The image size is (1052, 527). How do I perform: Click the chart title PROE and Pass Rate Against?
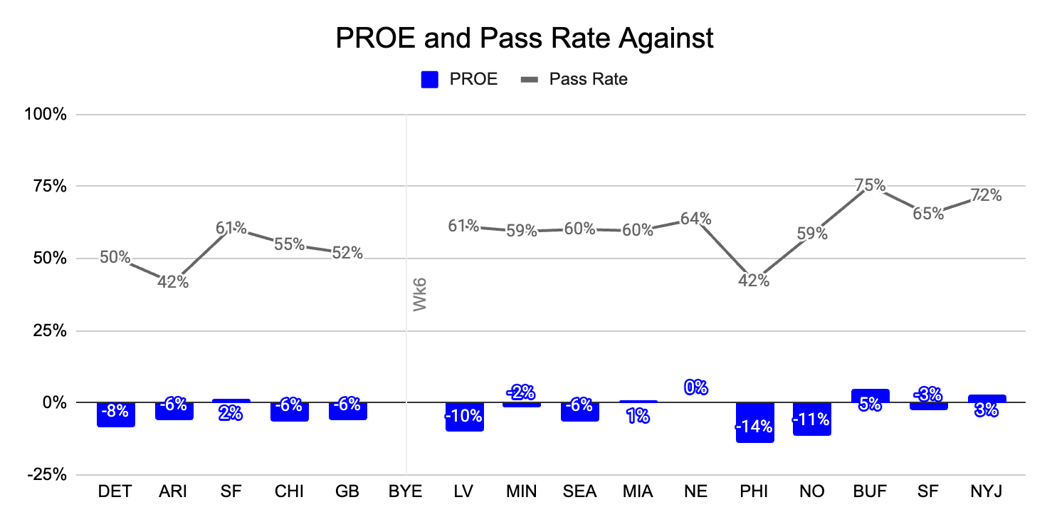coord(525,38)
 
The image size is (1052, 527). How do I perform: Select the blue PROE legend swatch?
coord(430,79)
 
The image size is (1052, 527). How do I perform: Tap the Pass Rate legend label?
coord(589,79)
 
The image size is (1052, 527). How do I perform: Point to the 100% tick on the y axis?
coord(46,114)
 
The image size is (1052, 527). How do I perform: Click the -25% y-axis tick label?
coord(47,475)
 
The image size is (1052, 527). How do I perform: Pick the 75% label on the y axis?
coord(50,187)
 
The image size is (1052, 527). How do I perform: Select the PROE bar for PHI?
coord(754,423)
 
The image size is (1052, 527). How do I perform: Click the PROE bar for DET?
coord(116,414)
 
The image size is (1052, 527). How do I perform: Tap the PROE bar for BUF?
coord(870,396)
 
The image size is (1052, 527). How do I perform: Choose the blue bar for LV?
coord(465,417)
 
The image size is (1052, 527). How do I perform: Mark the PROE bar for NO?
coord(812,419)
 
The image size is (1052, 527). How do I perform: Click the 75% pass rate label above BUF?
coord(870,185)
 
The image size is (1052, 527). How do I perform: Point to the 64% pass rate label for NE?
coord(695,219)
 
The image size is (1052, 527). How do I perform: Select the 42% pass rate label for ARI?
coord(173,282)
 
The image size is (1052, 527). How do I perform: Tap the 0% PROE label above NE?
coord(695,387)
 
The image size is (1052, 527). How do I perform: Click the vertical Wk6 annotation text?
coord(420,295)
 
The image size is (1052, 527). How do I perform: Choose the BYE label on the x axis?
coord(405,491)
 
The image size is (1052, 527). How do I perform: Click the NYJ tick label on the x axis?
coord(987,491)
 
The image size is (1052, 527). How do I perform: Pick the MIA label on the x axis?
coord(638,491)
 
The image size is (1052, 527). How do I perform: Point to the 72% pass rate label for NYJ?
coord(987,195)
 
